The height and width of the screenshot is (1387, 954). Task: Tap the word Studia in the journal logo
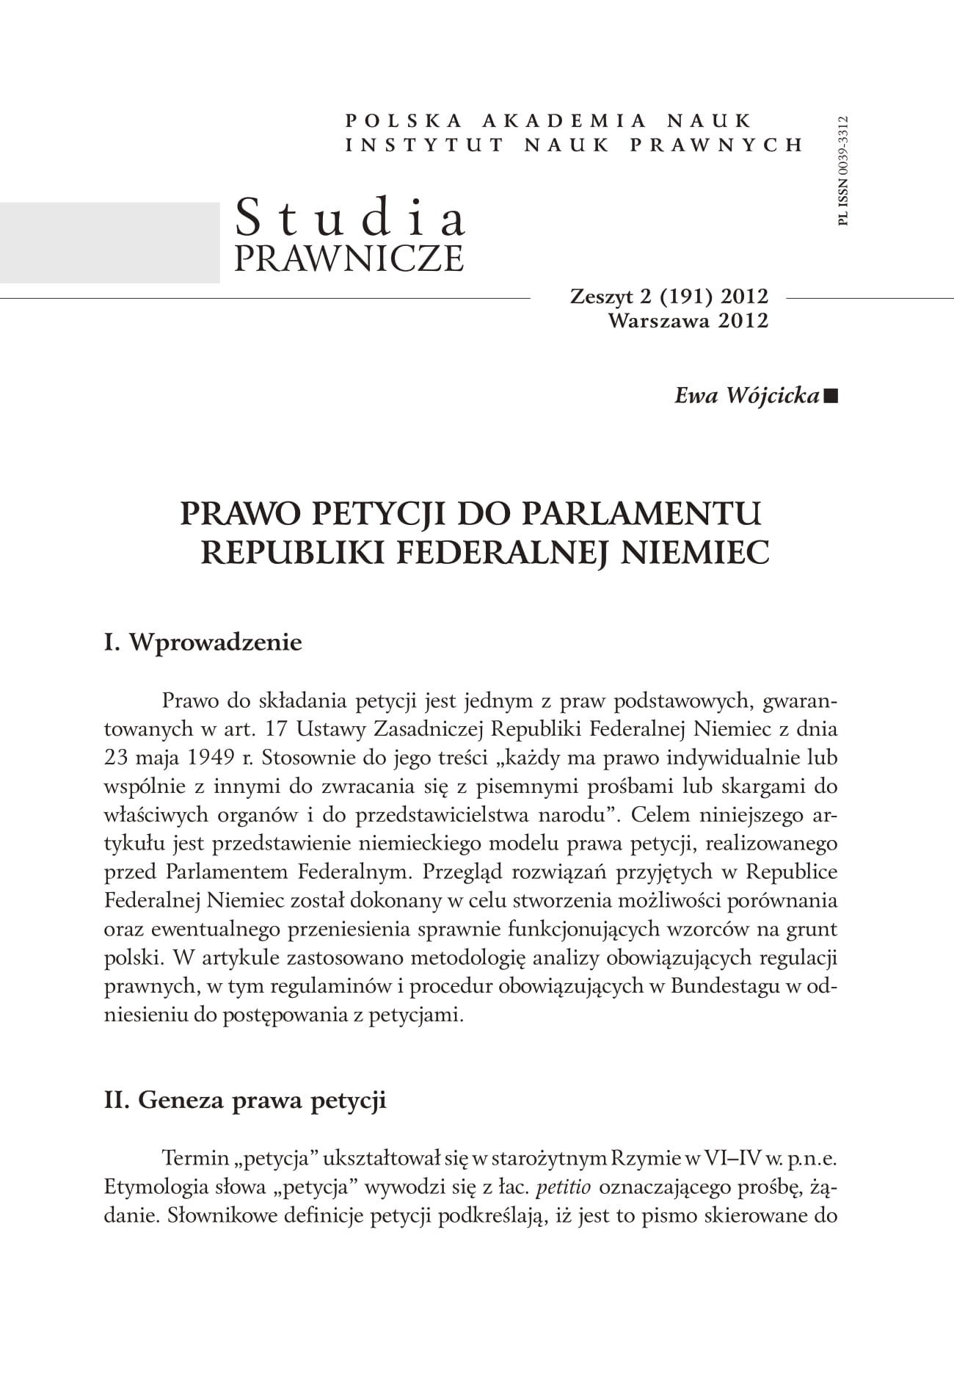click(x=351, y=219)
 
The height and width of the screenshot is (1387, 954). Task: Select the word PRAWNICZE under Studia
click(x=349, y=258)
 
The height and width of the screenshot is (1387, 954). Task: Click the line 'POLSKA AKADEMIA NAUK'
click(x=548, y=120)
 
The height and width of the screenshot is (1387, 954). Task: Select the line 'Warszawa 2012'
click(x=688, y=320)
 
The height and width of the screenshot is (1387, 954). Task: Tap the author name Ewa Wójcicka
click(x=746, y=396)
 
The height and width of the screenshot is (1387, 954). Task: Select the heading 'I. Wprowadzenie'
click(x=203, y=642)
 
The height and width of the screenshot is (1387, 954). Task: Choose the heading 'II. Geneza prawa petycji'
click(x=245, y=1101)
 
